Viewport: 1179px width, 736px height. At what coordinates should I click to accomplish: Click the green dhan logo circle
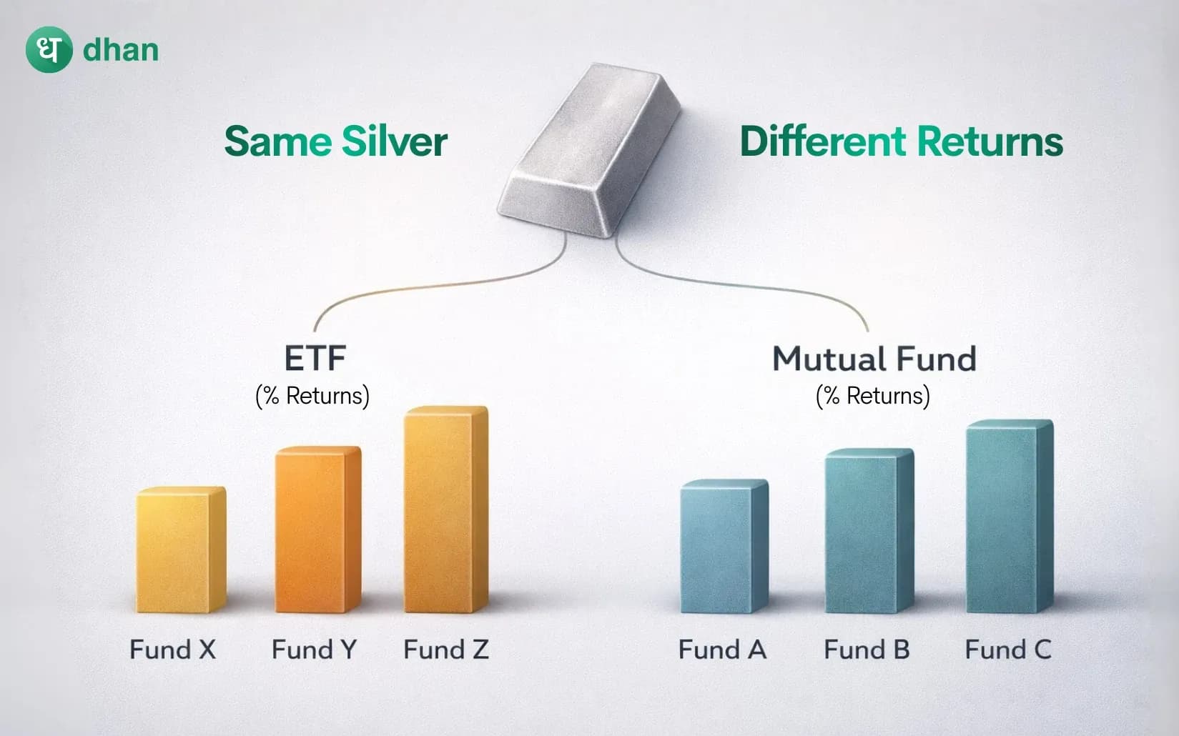(x=49, y=49)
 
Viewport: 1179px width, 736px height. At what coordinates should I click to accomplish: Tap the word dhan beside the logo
(x=121, y=50)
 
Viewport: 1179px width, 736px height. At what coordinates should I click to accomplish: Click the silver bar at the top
(x=590, y=150)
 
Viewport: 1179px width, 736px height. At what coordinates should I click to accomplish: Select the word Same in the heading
(x=278, y=141)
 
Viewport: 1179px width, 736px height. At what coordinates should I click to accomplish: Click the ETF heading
(x=315, y=358)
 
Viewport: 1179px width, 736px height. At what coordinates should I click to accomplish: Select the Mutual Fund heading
(x=874, y=358)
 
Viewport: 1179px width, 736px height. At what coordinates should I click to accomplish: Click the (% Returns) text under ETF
(x=312, y=396)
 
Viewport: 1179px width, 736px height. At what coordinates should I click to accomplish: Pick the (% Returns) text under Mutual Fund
(x=873, y=396)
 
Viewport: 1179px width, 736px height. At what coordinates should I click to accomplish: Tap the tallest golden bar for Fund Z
(x=445, y=510)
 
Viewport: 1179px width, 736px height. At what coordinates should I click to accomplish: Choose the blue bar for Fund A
(x=724, y=547)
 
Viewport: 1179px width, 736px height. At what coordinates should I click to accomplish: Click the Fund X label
(x=172, y=650)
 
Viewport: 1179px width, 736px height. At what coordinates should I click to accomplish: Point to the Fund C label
(x=1007, y=650)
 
